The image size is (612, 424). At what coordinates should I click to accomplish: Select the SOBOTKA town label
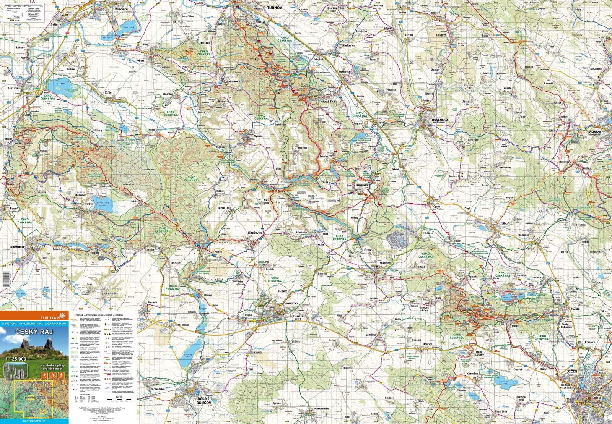pos(291,303)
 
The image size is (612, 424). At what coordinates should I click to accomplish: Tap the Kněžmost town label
pos(17,247)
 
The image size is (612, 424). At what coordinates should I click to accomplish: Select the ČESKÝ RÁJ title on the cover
pos(34,331)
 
